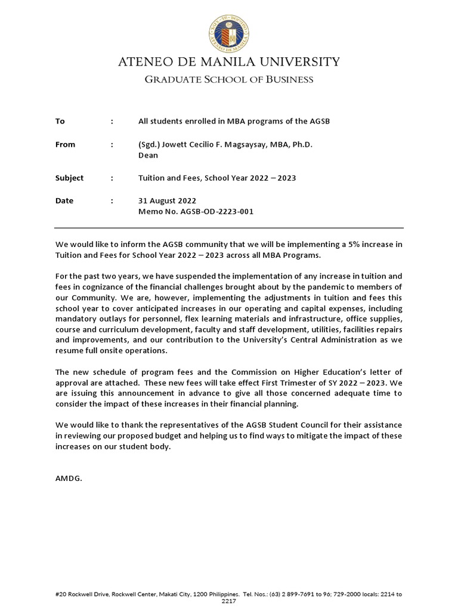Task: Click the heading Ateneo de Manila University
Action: click(229, 62)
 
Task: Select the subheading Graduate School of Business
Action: click(229, 79)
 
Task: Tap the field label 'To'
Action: click(60, 121)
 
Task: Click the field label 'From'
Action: click(65, 144)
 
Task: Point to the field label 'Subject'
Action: click(69, 178)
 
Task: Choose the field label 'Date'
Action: click(64, 200)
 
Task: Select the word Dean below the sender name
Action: click(148, 155)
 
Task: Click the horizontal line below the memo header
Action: click(229, 228)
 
